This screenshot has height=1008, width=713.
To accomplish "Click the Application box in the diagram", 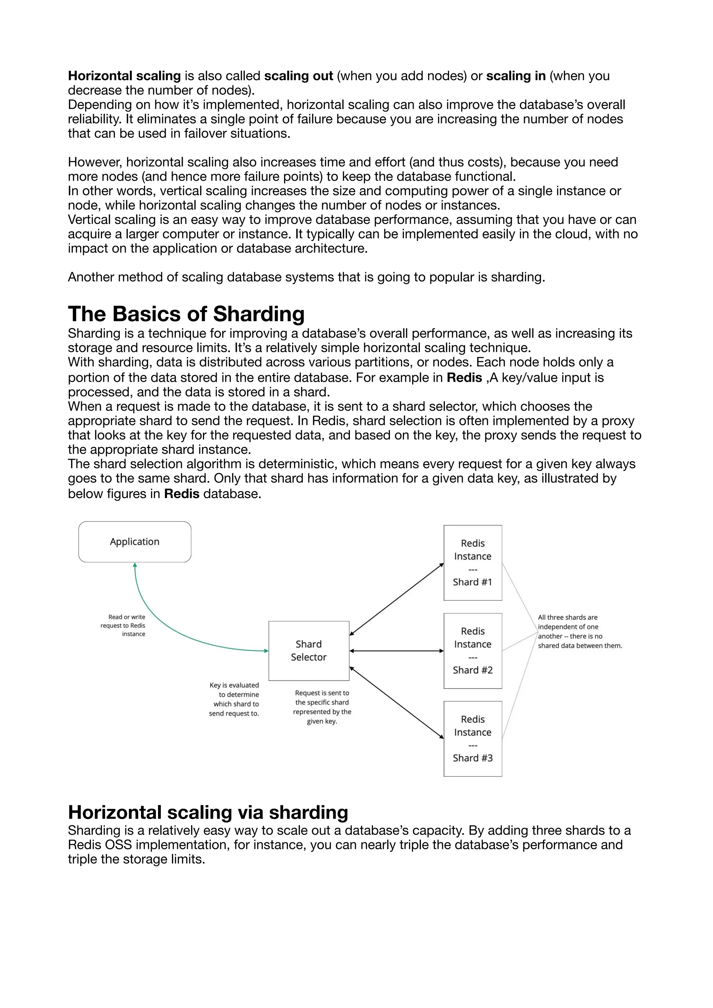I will click(135, 541).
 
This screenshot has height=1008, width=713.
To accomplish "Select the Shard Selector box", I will click(309, 651).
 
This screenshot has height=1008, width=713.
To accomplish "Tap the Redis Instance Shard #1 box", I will click(472, 562).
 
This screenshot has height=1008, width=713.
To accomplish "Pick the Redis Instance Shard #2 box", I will click(472, 651).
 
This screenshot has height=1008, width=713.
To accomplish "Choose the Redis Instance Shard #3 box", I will click(472, 739).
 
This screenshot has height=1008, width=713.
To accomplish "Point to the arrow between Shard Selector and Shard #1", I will click(397, 599).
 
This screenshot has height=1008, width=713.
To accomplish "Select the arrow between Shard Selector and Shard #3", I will click(397, 702).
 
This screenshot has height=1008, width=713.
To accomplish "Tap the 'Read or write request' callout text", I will click(123, 625).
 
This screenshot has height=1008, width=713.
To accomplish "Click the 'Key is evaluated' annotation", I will click(234, 699).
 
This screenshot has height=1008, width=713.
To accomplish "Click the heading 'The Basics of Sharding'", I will click(186, 314).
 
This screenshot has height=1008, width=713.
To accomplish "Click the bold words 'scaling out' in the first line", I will click(299, 76).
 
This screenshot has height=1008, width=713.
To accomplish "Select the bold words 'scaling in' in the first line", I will click(516, 76).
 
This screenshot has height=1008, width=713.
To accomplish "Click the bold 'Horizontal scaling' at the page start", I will click(124, 76).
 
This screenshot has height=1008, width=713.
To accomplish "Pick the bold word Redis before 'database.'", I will click(182, 494).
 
